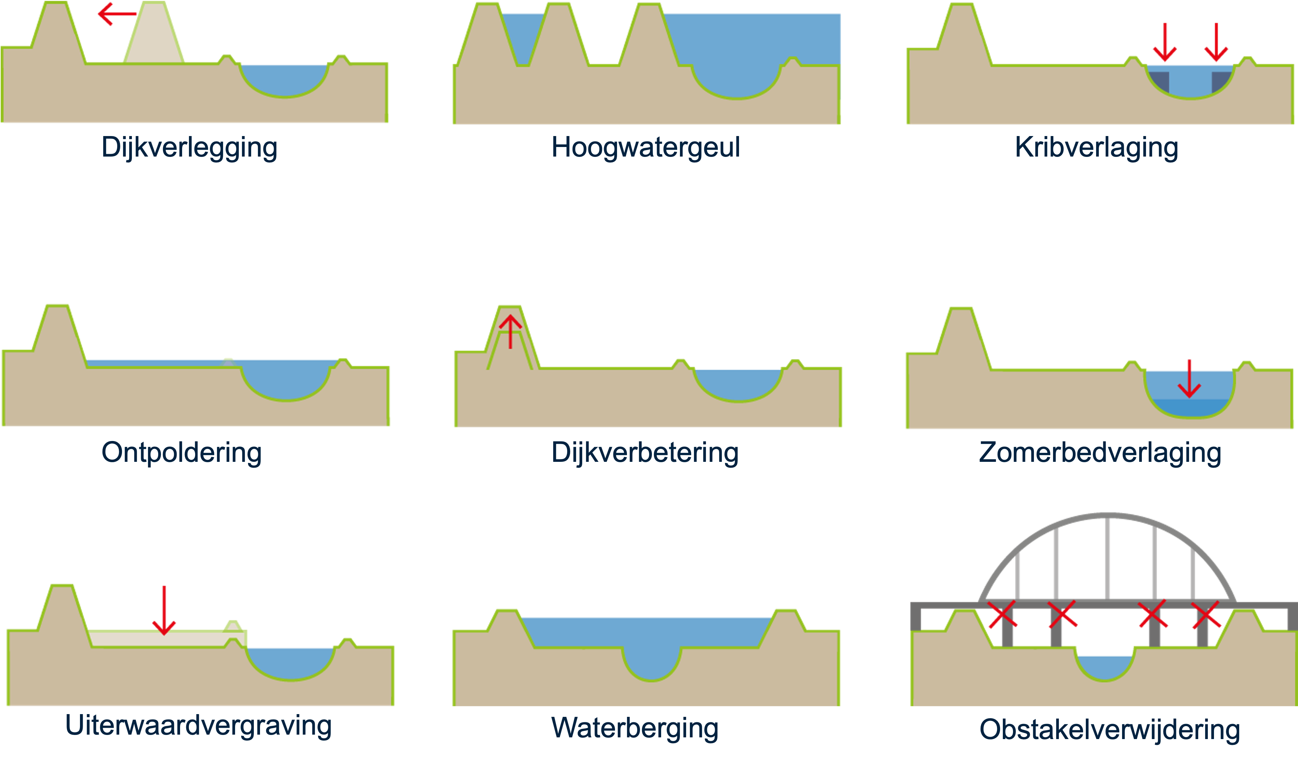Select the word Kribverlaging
1096,148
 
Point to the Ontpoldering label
181,453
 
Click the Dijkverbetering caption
645,453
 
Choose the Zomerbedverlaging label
1100,453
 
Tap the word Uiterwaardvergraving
198,726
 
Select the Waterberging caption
634,728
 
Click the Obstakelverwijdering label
1109,729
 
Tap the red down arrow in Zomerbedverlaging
1189,379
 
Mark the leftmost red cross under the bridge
1002,614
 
